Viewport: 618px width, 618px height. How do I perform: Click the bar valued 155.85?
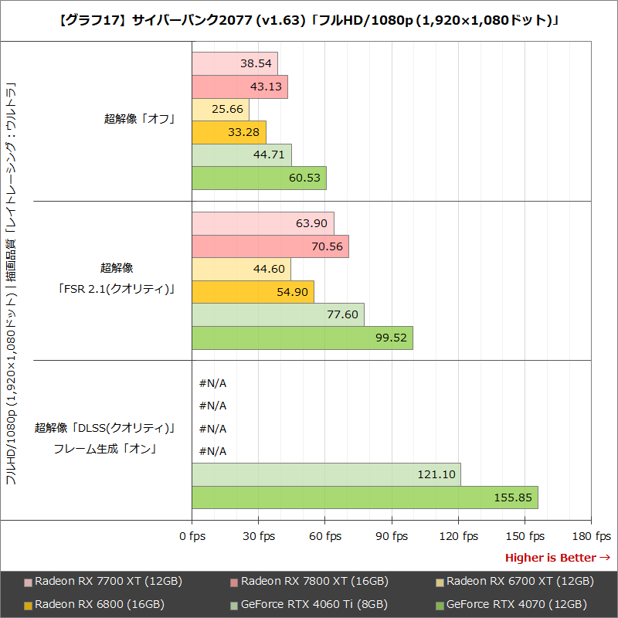point(365,497)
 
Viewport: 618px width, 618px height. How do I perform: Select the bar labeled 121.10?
point(326,474)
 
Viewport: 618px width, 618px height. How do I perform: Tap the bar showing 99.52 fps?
point(302,338)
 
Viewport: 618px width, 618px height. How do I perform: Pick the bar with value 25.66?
point(220,110)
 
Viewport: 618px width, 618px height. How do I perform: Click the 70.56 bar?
point(270,246)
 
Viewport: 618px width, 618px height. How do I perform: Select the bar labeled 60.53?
point(259,178)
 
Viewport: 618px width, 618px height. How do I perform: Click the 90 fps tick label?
point(392,536)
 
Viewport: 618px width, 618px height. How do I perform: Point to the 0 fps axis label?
point(192,536)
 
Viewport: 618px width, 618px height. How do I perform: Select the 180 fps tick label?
point(592,536)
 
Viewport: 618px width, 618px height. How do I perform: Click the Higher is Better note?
point(557,558)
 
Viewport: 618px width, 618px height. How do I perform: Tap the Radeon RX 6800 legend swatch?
point(29,605)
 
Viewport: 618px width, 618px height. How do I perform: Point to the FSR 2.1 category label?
point(117,290)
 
